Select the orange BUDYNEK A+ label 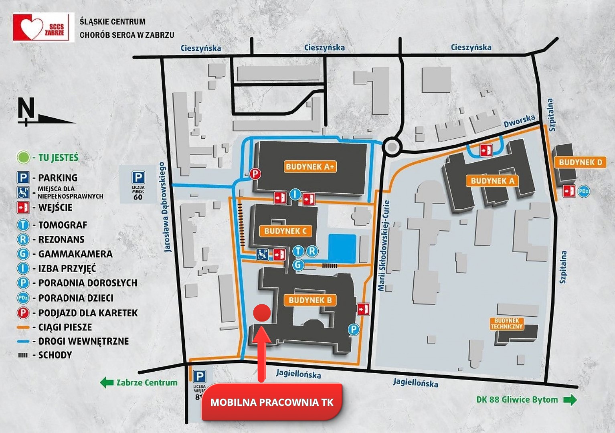pos(310,166)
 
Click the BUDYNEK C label pos(285,231)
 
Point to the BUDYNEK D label pos(580,162)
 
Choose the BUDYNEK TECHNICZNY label pos(507,324)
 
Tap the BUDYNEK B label pos(310,300)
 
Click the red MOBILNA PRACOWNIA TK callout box pos(272,402)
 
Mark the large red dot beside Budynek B pos(262,313)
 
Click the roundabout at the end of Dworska pos(392,147)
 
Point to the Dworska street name pos(519,121)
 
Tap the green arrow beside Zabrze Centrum pos(107,382)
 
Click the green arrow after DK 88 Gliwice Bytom pos(570,400)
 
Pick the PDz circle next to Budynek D pos(584,191)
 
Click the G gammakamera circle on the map pos(298,265)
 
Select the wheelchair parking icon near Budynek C pos(263,254)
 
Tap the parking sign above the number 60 pos(138,177)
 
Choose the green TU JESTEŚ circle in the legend pos(24,157)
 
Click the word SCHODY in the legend pos(55,355)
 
